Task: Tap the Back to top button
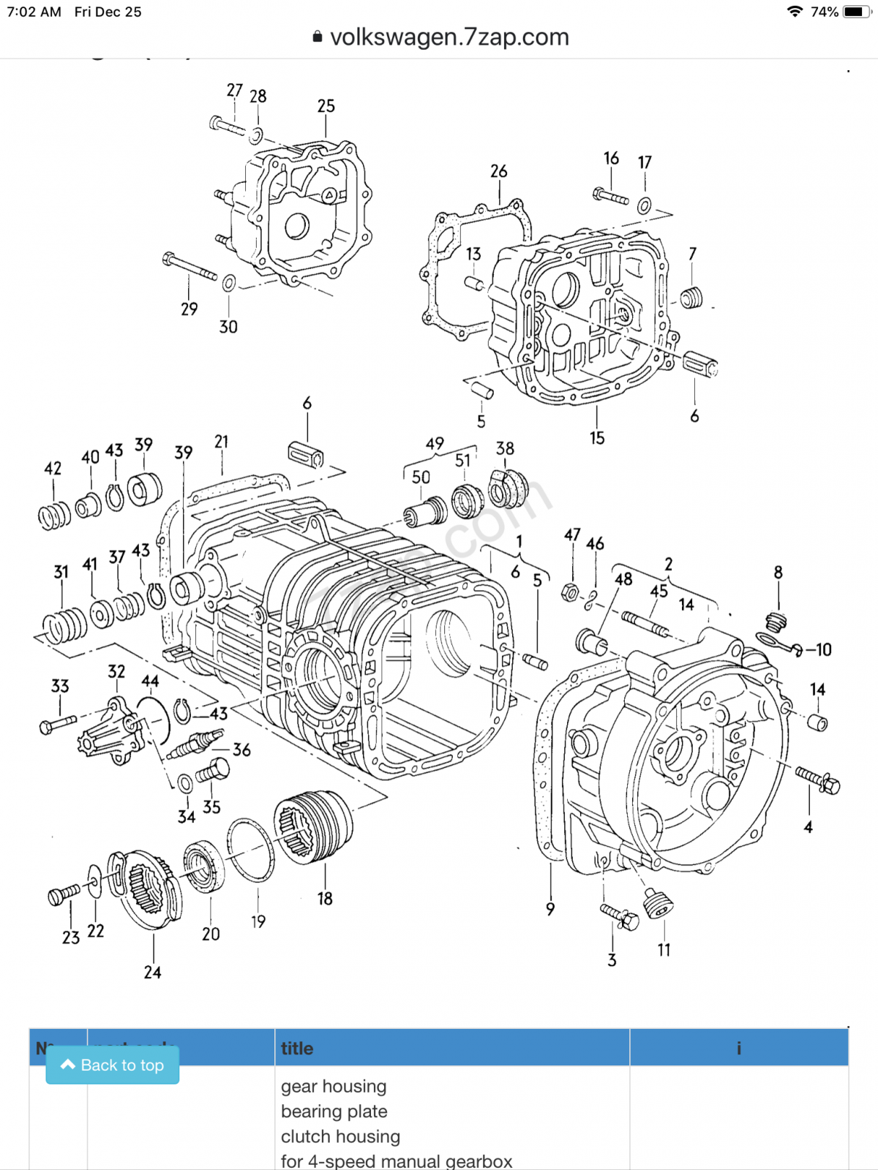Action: pyautogui.click(x=113, y=1065)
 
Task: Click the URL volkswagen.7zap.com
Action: pyautogui.click(x=449, y=37)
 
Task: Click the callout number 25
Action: pyautogui.click(x=326, y=107)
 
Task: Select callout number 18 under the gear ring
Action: pyautogui.click(x=325, y=899)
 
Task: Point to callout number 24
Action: pyautogui.click(x=152, y=973)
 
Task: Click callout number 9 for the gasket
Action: pyautogui.click(x=550, y=909)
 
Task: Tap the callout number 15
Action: pyautogui.click(x=597, y=438)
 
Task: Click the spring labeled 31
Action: pyautogui.click(x=64, y=626)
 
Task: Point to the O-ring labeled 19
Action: pyautogui.click(x=251, y=850)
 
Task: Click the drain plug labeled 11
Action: pyautogui.click(x=658, y=905)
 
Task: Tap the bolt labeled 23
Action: pyautogui.click(x=63, y=894)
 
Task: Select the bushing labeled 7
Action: pyautogui.click(x=691, y=298)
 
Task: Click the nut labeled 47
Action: pyautogui.click(x=570, y=592)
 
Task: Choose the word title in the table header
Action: pyautogui.click(x=297, y=1049)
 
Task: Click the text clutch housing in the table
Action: pyautogui.click(x=340, y=1136)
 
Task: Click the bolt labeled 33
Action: pyautogui.click(x=57, y=724)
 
